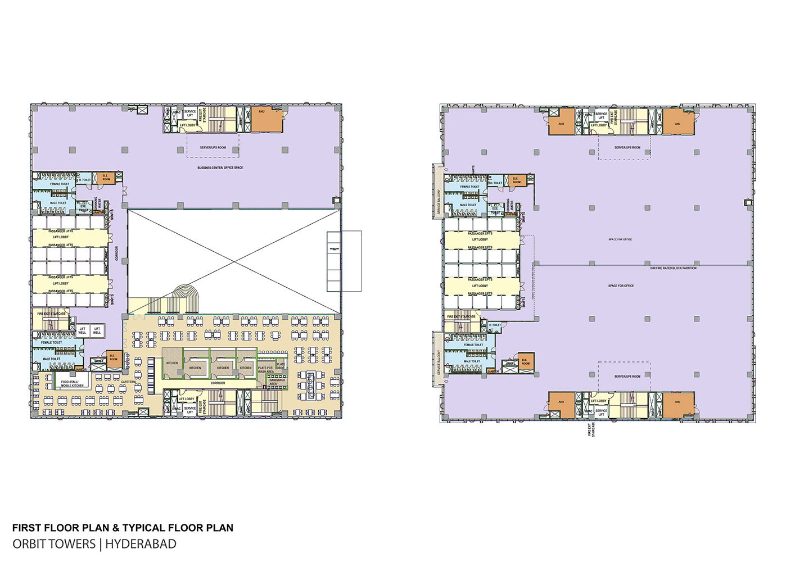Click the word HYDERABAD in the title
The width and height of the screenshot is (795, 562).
click(x=141, y=544)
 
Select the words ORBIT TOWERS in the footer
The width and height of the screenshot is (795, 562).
click(x=54, y=544)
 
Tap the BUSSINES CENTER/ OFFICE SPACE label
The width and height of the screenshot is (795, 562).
click(x=220, y=167)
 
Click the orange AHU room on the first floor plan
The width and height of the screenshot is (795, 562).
click(x=266, y=120)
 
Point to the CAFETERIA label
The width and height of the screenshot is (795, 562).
click(x=128, y=382)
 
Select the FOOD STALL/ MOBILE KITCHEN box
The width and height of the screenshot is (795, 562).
click(x=72, y=383)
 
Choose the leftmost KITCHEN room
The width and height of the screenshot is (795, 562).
click(x=172, y=363)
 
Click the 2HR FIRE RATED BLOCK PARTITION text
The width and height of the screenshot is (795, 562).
click(x=672, y=268)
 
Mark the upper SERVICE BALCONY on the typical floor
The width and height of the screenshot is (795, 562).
click(x=439, y=189)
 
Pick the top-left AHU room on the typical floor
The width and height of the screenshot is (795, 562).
click(x=561, y=122)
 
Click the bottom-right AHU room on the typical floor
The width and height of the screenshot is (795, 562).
click(x=677, y=404)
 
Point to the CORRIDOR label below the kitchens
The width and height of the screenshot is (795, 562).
click(x=218, y=383)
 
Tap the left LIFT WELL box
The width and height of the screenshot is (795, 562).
click(x=82, y=330)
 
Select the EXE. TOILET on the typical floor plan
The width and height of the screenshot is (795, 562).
click(x=495, y=209)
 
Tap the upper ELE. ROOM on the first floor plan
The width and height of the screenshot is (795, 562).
click(x=105, y=178)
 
